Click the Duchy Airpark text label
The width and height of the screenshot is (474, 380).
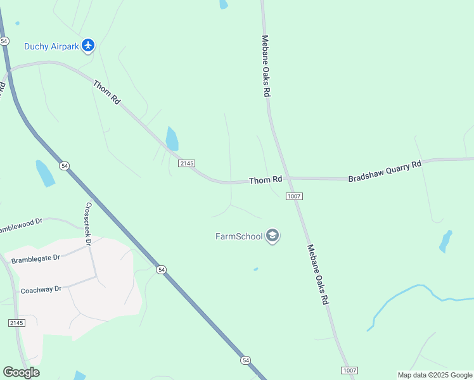[52, 46]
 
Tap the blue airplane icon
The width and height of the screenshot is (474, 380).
[87, 45]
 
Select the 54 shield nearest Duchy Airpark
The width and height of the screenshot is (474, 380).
[4, 41]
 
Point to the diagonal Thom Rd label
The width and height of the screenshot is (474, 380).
[106, 92]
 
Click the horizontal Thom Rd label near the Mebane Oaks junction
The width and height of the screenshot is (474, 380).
[265, 180]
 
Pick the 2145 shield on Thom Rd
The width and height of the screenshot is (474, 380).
[186, 163]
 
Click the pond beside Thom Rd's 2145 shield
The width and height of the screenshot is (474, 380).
[172, 139]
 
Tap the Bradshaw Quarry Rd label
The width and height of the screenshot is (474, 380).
[385, 172]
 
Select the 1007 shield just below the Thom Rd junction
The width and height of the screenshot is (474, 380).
[293, 196]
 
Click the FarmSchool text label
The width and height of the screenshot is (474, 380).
[239, 237]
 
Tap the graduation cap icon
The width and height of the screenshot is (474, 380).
[272, 236]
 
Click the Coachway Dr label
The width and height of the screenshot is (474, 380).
[41, 289]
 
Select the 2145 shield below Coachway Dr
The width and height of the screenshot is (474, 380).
[16, 323]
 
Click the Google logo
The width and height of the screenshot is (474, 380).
[21, 372]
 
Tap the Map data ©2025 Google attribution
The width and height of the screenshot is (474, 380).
[435, 375]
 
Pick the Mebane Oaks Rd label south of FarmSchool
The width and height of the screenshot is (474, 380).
[319, 275]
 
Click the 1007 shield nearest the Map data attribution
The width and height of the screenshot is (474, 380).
[349, 370]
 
